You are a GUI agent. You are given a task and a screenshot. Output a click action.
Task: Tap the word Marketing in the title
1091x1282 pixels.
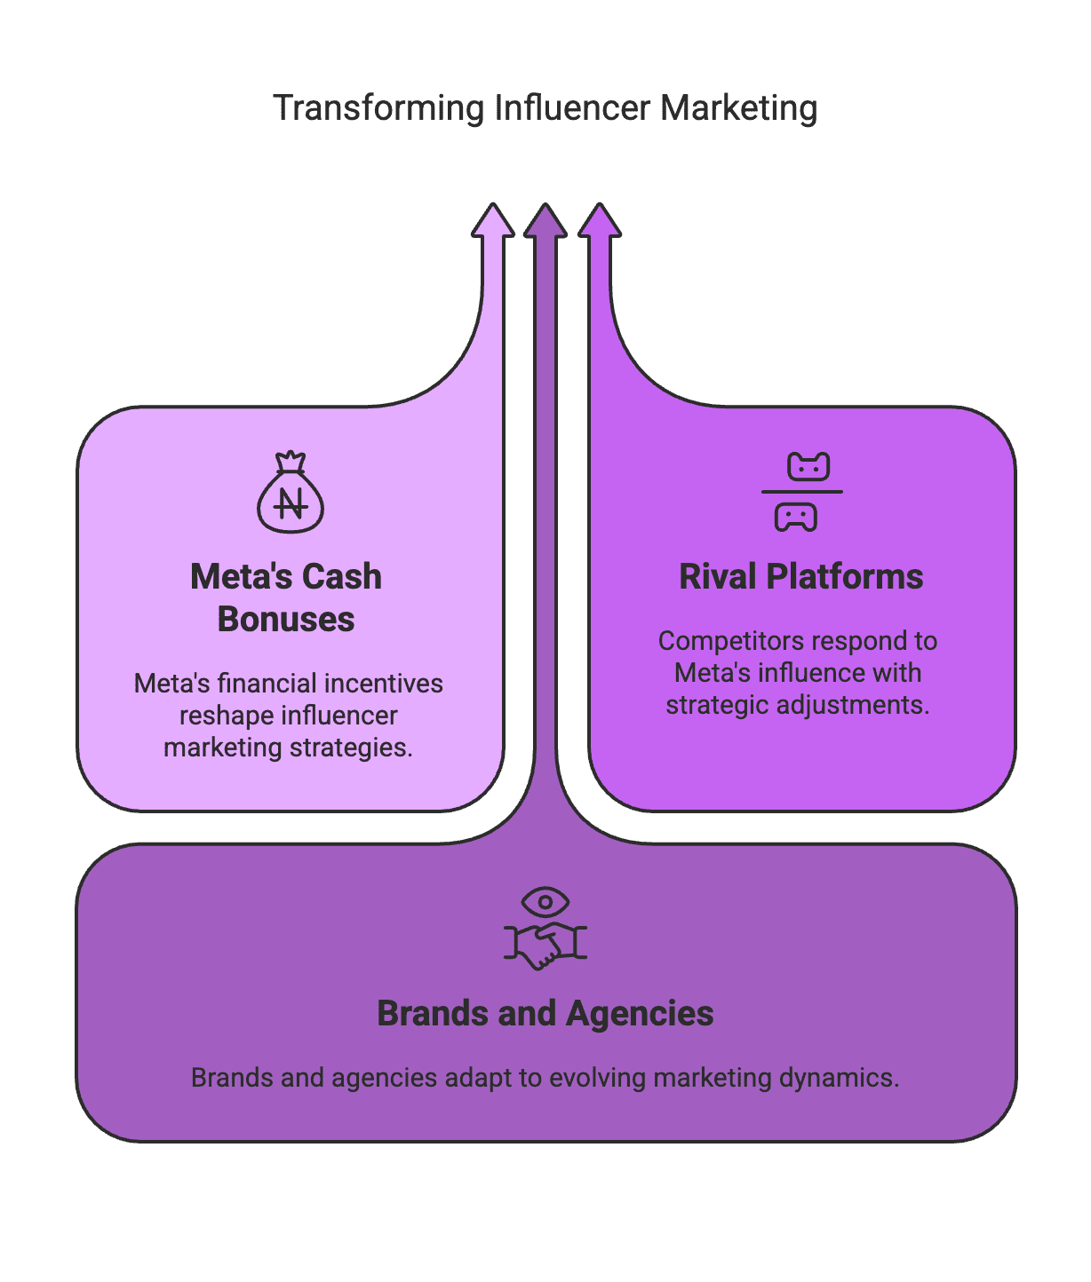738,108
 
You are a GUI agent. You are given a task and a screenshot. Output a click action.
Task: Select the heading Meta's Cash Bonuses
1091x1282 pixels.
286,597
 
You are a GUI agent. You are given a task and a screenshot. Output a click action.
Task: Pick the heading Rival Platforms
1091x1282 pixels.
801,577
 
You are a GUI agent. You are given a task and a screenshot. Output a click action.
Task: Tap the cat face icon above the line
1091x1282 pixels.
808,466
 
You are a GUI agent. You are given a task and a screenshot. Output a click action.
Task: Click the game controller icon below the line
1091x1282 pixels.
796,517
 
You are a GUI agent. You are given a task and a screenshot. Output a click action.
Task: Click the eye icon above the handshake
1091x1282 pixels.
545,902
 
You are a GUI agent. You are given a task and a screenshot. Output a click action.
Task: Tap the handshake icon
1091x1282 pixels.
545,945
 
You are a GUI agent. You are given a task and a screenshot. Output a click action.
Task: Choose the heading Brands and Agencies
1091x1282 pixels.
545,1014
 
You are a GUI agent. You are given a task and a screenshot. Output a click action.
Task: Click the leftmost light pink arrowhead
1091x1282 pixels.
493,221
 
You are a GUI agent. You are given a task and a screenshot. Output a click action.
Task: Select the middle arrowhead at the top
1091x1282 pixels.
545,221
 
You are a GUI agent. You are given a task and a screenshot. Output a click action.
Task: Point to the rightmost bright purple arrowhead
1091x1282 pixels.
600,221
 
